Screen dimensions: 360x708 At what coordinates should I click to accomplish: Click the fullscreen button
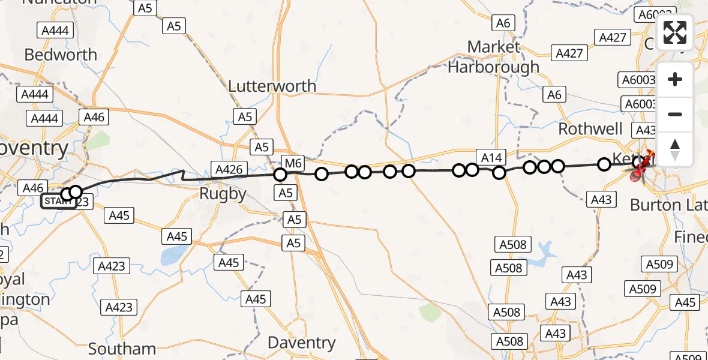tap(675, 32)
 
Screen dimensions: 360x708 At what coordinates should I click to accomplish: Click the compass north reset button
tap(675, 149)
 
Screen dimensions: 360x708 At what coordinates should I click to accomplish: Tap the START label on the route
tap(58, 200)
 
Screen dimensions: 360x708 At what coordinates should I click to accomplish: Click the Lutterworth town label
tap(272, 86)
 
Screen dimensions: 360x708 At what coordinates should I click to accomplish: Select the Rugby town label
tap(223, 194)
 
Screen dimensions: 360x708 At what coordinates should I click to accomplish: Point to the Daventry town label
tap(301, 343)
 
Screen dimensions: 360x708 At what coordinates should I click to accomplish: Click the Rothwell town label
tap(590, 129)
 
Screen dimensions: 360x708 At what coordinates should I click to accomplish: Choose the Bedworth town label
tap(61, 55)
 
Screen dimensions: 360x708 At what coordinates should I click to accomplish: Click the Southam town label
tap(122, 349)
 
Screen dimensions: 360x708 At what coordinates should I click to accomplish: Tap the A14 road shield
tap(491, 157)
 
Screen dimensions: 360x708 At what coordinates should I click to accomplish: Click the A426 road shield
tap(228, 169)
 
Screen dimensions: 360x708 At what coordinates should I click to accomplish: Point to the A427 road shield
tap(569, 53)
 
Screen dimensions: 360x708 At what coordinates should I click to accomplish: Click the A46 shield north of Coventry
tap(95, 117)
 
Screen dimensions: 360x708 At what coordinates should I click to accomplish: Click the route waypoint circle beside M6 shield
tap(280, 175)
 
